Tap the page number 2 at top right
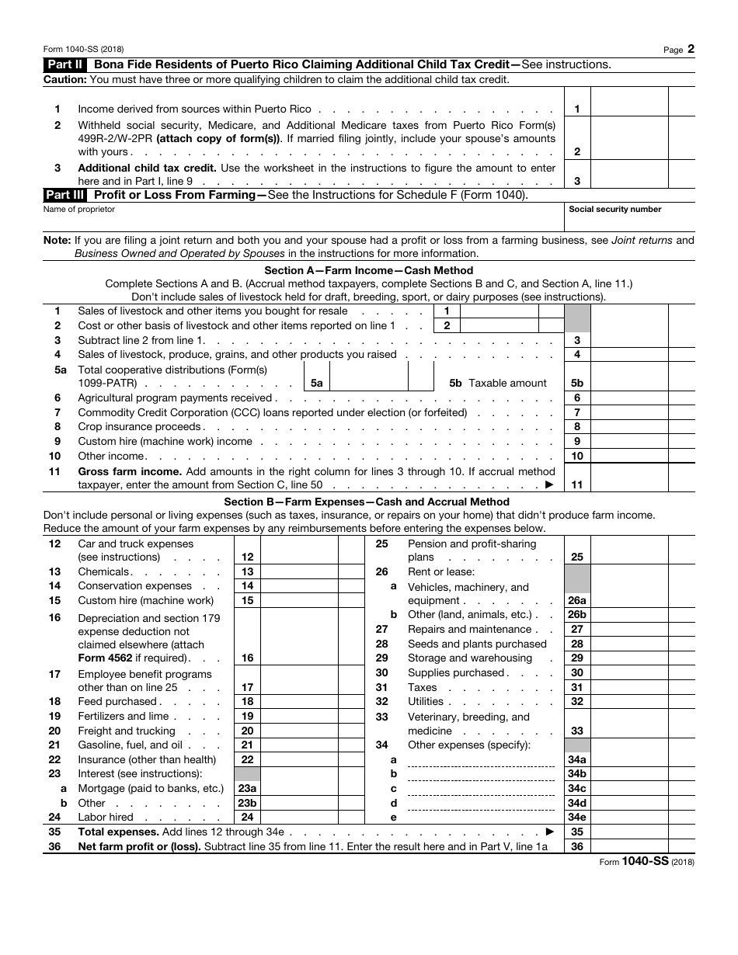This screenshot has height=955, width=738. [691, 49]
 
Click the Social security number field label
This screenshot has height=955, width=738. [614, 210]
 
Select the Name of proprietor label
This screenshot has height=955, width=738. [79, 210]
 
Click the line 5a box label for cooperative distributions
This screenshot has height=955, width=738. [316, 384]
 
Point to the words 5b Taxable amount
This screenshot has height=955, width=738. [498, 384]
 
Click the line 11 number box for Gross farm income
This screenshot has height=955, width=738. [576, 485]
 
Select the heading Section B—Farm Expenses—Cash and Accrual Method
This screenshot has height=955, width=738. [367, 502]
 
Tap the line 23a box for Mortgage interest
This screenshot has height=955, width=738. [247, 789]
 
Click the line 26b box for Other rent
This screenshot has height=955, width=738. [576, 615]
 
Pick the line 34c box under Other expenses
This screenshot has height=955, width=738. [576, 789]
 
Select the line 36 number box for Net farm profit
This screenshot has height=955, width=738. [576, 846]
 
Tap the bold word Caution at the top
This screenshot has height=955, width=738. [65, 79]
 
